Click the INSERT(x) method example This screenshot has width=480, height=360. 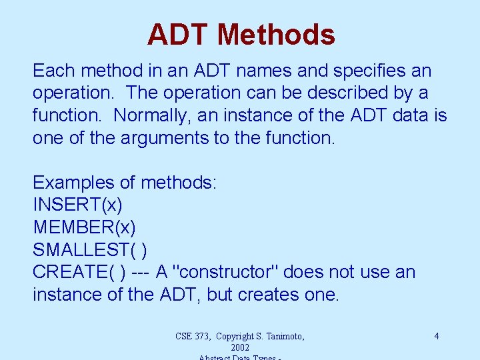click(77, 205)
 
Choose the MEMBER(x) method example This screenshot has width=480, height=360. click(85, 227)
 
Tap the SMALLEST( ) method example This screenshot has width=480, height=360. click(90, 250)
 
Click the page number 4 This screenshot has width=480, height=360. click(437, 336)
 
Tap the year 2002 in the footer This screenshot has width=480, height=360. click(240, 347)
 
